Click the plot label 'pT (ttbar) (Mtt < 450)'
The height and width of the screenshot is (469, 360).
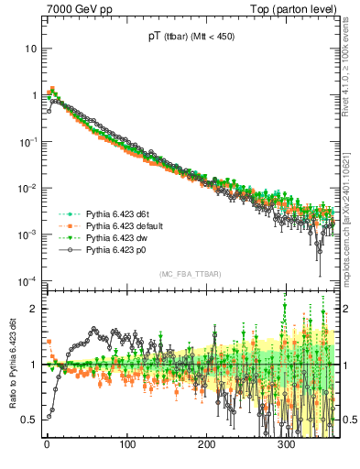coord(190,38)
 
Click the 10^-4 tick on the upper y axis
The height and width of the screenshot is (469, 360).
coord(27,280)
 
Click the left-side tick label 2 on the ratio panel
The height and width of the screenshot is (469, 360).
coord(35,309)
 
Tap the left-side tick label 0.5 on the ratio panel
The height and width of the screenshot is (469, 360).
coord(30,419)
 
